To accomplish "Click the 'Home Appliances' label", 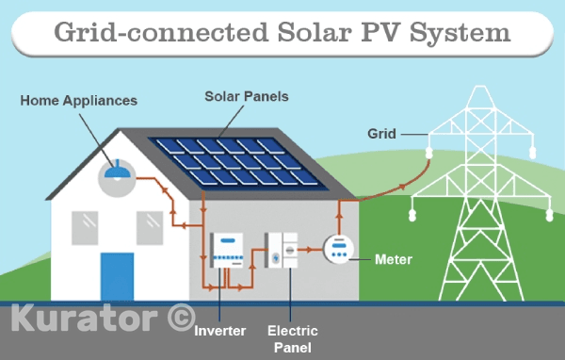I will click(79, 100).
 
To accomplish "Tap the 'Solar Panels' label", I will click(247, 96).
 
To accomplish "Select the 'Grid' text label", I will click(380, 134).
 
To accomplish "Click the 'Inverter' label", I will click(219, 331).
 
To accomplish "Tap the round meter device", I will click(338, 250).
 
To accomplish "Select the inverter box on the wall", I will click(227, 250).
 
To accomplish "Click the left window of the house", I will click(87, 225).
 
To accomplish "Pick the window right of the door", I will click(150, 225).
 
